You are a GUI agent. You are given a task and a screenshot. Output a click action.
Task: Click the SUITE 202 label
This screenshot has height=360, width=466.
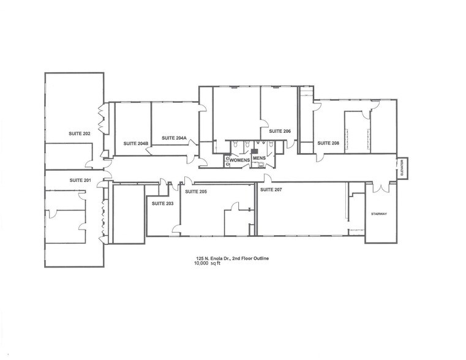(79, 133)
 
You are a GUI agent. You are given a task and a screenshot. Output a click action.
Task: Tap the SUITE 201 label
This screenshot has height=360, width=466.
(80, 180)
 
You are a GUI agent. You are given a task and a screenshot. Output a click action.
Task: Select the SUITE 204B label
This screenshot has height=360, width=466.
(136, 143)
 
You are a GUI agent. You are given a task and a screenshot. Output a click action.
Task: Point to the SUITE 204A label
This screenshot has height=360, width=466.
(174, 138)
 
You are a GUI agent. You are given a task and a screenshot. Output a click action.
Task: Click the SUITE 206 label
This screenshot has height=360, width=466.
(279, 131)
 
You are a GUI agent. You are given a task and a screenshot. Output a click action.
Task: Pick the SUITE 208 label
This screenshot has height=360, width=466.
(328, 143)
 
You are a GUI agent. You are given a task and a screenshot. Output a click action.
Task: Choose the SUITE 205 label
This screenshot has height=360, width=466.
(196, 192)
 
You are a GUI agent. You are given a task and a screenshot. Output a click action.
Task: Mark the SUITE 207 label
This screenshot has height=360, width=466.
(271, 190)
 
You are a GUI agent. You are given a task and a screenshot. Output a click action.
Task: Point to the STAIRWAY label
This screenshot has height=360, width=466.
(380, 214)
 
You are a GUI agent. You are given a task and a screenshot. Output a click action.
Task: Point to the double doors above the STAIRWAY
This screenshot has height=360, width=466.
(381, 186)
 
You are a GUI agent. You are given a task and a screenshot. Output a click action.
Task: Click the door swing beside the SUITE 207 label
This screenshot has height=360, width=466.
(268, 178)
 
